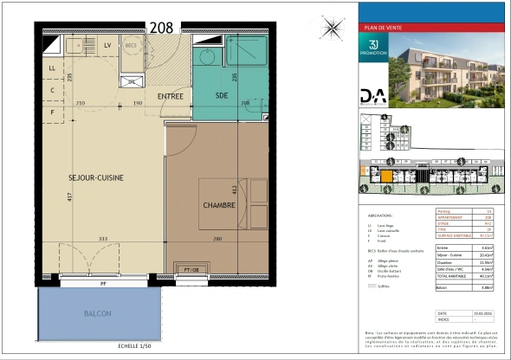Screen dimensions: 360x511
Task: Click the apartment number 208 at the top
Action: [162, 26]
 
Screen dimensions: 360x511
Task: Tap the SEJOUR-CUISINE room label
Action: [95, 177]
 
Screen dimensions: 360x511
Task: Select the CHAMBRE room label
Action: [219, 205]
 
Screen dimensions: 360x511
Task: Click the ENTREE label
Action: [170, 96]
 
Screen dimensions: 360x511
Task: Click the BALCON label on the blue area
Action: [97, 312]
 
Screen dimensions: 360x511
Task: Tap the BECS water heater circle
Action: [132, 45]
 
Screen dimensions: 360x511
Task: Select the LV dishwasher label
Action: [108, 44]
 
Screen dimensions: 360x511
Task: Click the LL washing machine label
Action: [52, 67]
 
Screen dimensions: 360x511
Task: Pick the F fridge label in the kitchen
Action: [52, 112]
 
